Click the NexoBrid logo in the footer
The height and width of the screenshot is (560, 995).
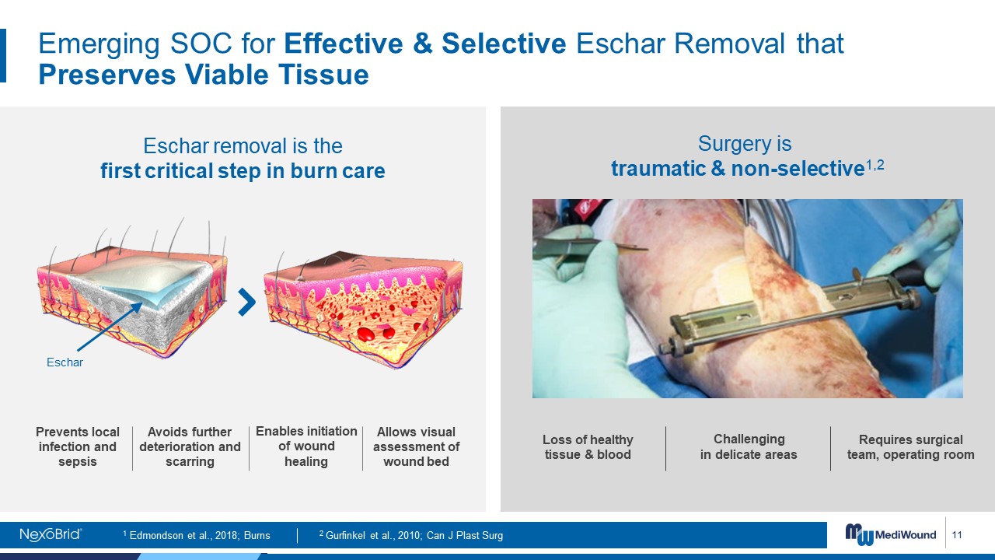click(51, 534)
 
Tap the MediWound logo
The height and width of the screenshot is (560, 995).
click(891, 534)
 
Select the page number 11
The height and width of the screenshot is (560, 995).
click(957, 534)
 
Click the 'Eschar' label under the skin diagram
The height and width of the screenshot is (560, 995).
click(65, 362)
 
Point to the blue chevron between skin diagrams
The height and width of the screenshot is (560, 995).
click(247, 303)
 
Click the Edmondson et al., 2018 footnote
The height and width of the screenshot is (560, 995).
click(197, 535)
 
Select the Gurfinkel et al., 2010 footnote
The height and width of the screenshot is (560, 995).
click(411, 535)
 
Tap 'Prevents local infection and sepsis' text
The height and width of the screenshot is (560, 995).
click(78, 446)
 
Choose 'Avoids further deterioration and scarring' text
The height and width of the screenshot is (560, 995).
click(190, 446)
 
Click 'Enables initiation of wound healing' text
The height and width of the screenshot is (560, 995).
click(306, 446)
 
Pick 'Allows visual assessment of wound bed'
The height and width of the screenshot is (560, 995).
click(416, 446)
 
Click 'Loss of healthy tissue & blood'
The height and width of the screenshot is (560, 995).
click(588, 447)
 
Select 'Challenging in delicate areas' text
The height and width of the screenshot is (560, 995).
click(749, 446)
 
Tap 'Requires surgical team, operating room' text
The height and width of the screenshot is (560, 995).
click(910, 447)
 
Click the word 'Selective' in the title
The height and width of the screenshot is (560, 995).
click(504, 44)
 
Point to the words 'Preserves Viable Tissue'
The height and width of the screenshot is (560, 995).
click(204, 74)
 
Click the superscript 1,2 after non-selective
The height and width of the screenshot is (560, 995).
click(875, 165)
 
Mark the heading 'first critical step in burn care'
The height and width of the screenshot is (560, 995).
click(243, 170)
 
